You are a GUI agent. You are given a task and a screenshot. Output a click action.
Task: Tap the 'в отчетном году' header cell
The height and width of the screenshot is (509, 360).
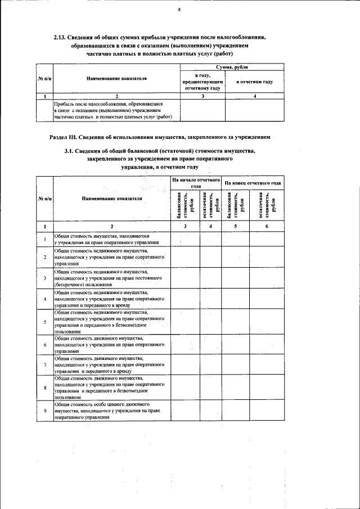(254, 82)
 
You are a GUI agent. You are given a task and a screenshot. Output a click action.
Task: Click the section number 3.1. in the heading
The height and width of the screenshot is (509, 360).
(71, 151)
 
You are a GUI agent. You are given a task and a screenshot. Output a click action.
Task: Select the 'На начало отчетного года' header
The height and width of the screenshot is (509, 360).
(195, 183)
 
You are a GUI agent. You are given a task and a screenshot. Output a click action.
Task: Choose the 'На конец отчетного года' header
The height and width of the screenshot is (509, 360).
(253, 183)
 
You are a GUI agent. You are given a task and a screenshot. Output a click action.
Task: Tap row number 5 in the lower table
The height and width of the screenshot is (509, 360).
(44, 322)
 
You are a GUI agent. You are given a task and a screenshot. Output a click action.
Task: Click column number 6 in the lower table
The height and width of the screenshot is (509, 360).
(267, 226)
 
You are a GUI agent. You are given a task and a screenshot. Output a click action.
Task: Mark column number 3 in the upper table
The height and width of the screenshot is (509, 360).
(202, 96)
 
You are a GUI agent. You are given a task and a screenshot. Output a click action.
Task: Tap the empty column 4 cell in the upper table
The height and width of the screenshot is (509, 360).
(254, 111)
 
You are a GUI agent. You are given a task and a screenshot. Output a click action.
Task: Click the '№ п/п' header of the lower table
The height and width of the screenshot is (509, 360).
(44, 199)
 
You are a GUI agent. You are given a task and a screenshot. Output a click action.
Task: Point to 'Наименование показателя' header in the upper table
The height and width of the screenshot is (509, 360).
(116, 79)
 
